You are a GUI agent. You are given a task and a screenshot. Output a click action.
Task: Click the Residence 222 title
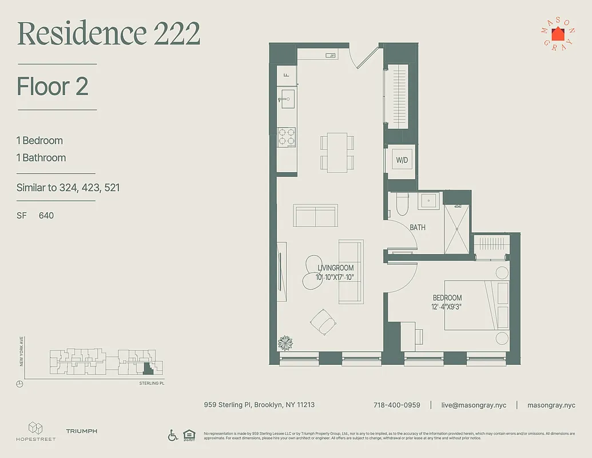pyautogui.click(x=109, y=34)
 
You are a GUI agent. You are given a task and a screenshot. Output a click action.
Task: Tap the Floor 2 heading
pyautogui.click(x=52, y=86)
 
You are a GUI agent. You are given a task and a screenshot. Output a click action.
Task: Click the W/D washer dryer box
pyautogui.click(x=402, y=160)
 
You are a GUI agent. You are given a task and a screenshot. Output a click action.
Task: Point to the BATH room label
pyautogui.click(x=418, y=227)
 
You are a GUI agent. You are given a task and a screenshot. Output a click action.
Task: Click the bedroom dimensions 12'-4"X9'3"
pyautogui.click(x=447, y=307)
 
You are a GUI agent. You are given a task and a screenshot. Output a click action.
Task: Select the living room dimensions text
pyautogui.click(x=335, y=277)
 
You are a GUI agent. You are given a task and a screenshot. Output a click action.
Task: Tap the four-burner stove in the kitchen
pyautogui.click(x=286, y=137)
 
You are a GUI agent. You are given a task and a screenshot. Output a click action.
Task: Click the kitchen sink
pyautogui.click(x=286, y=98)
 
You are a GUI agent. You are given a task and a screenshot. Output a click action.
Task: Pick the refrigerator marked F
pyautogui.click(x=287, y=75)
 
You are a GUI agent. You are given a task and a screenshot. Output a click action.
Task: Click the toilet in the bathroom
pyautogui.click(x=402, y=203)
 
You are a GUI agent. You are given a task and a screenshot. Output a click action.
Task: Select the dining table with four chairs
pyautogui.click(x=337, y=152)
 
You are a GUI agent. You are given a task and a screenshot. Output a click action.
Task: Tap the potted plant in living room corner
pyautogui.click(x=285, y=343)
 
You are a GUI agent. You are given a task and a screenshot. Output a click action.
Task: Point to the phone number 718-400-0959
pyautogui.click(x=396, y=405)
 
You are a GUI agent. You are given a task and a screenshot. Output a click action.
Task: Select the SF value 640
pyautogui.click(x=46, y=215)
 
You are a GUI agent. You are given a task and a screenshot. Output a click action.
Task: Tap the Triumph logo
pyautogui.click(x=81, y=431)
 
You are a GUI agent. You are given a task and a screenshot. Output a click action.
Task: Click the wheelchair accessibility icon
pyautogui.click(x=173, y=435)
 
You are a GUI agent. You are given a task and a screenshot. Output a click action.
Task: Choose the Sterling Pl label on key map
pyautogui.click(x=151, y=383)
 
